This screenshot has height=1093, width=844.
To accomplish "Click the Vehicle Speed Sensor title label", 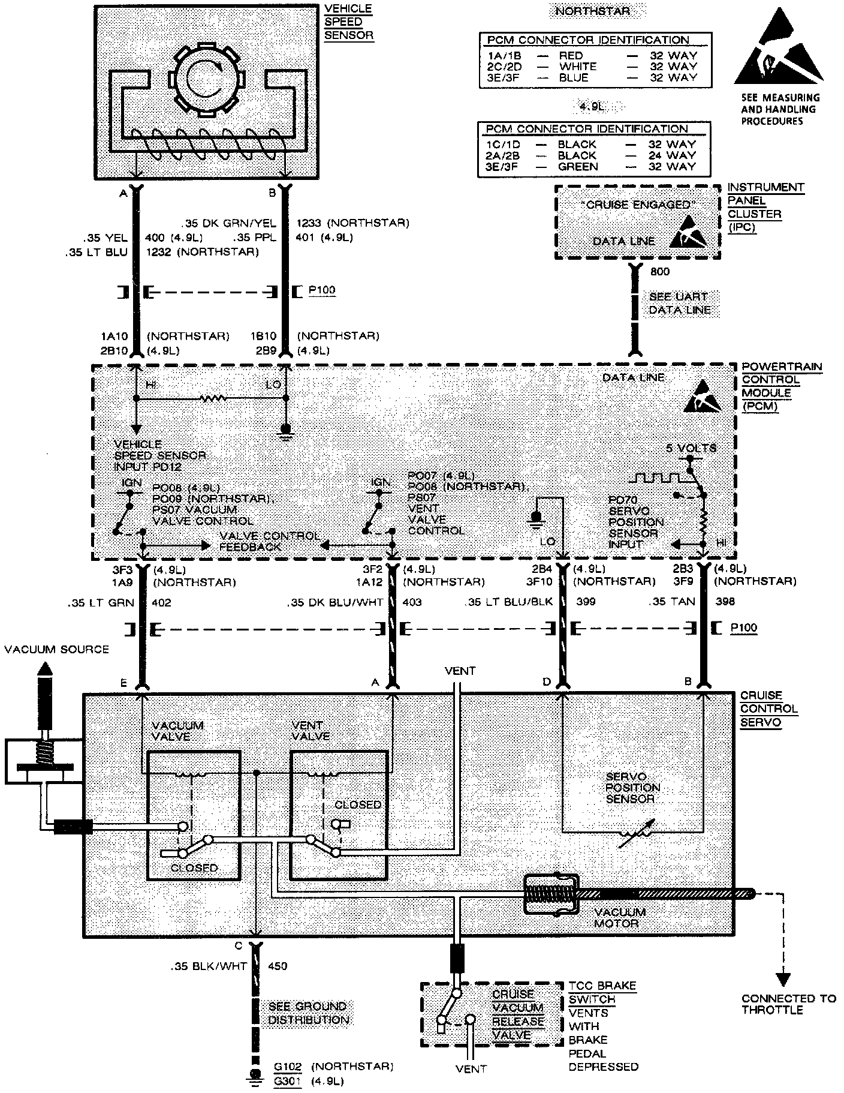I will pyautogui.click(x=348, y=22).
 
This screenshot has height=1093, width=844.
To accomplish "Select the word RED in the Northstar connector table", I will pyautogui.click(x=571, y=55).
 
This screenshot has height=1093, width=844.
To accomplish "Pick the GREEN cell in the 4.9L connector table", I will pyautogui.click(x=578, y=166).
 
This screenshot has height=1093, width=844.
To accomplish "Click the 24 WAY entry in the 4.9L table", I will pyautogui.click(x=672, y=155).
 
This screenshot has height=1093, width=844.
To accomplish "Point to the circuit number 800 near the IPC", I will pyautogui.click(x=660, y=272).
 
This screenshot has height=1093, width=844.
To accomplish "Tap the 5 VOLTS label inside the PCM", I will pyautogui.click(x=691, y=448).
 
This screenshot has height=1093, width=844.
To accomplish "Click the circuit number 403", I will pyautogui.click(x=412, y=602).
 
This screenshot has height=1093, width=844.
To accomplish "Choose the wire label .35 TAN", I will pyautogui.click(x=672, y=602).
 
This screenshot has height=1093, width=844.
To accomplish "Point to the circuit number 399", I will pyautogui.click(x=586, y=602).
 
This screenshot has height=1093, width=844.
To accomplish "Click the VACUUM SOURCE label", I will pyautogui.click(x=56, y=650).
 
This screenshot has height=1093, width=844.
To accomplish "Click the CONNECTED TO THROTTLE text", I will pyautogui.click(x=788, y=1004).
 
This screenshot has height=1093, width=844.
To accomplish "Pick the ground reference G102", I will pyautogui.click(x=288, y=1066).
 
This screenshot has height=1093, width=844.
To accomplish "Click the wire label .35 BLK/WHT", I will pyautogui.click(x=206, y=966).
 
